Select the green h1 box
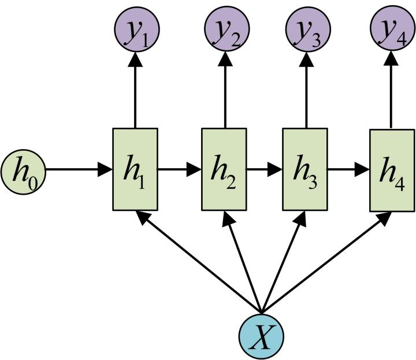coord(135,169)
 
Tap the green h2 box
coord(224,169)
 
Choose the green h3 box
coord(305,169)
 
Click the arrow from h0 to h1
coord(78,170)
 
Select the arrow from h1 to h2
coord(179,170)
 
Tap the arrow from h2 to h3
coord(265,170)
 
